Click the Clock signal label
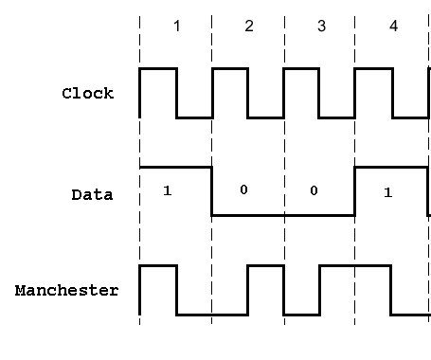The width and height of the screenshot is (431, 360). click(x=87, y=93)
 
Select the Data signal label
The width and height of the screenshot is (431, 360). click(x=92, y=195)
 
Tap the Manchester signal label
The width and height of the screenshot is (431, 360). click(x=66, y=290)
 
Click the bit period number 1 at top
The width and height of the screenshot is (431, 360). click(x=176, y=27)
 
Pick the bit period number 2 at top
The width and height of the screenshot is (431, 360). click(x=249, y=27)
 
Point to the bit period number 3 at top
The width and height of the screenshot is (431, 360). click(x=321, y=27)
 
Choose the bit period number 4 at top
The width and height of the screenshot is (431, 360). click(x=393, y=27)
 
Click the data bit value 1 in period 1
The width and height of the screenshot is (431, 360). click(x=167, y=191)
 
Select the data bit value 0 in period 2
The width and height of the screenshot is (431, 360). click(x=242, y=190)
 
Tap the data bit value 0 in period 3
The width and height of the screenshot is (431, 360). click(x=314, y=190)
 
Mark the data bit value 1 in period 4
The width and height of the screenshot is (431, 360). click(x=386, y=192)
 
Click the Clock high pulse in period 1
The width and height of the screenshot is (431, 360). click(x=158, y=69)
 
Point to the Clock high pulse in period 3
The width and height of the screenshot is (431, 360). click(x=301, y=69)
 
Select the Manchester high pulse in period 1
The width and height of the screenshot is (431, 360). click(x=158, y=266)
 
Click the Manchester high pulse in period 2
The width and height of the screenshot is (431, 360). click(x=265, y=266)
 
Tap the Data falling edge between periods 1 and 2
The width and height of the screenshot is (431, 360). click(x=211, y=190)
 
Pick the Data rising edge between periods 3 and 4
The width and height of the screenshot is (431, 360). click(x=355, y=190)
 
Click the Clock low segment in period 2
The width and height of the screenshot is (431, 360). click(x=265, y=117)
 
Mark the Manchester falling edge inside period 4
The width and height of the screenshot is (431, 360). click(x=391, y=290)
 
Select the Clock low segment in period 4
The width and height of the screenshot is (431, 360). click(x=409, y=117)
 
